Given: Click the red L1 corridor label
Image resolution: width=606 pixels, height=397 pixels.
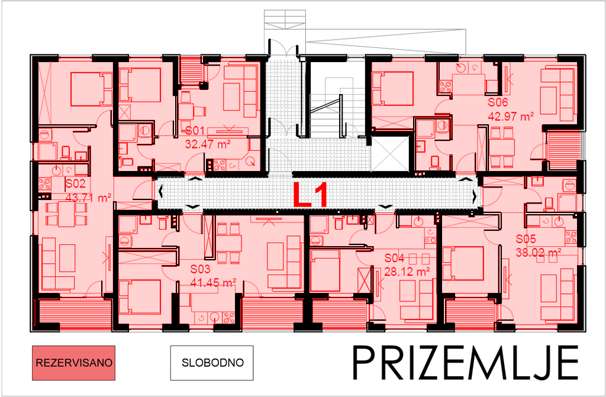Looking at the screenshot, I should (311, 195).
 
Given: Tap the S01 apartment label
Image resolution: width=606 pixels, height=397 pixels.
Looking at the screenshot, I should (195, 131).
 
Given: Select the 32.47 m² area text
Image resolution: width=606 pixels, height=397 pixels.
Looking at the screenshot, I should (207, 143).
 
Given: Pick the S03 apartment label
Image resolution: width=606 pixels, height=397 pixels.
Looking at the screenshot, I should (201, 269).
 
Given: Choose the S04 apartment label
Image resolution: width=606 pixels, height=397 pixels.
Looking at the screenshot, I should (394, 259).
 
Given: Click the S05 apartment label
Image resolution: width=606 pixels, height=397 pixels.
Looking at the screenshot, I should (526, 240).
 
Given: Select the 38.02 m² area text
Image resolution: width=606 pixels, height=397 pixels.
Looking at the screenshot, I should (538, 252).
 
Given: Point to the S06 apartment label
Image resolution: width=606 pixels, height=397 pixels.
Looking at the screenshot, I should (498, 103).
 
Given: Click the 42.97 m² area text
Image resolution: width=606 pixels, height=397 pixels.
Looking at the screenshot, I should (510, 116).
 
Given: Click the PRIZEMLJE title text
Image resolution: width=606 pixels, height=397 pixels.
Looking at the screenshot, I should (465, 362).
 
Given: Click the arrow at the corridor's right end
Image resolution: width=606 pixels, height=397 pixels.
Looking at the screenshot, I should (475, 196).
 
